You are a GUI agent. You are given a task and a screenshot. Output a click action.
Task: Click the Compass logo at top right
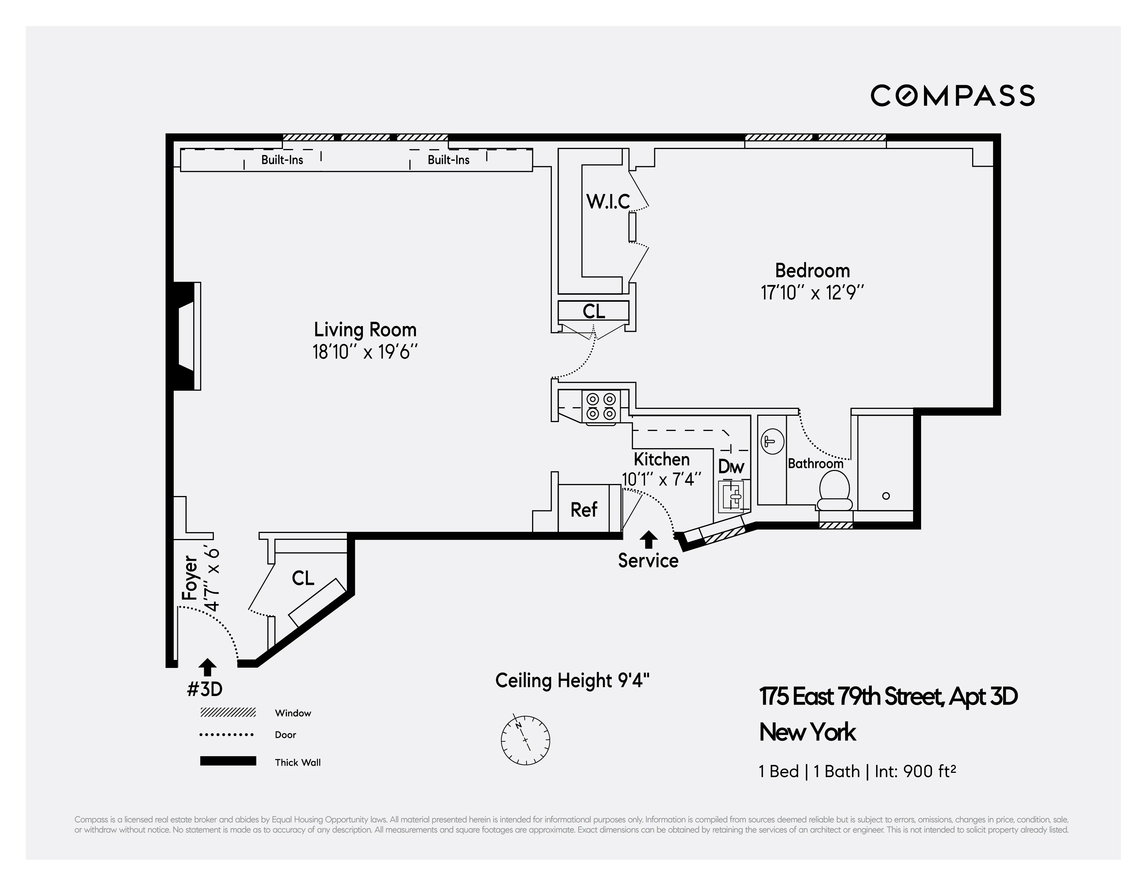pos(952,96)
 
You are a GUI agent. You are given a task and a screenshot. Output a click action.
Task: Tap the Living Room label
pos(365,330)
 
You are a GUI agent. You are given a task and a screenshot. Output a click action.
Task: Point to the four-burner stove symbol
pos(601,407)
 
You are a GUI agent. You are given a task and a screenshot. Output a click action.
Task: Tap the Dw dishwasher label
pos(731,466)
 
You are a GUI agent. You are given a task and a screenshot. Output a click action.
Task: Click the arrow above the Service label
pos(649,539)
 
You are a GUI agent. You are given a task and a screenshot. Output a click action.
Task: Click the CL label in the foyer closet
pos(303,578)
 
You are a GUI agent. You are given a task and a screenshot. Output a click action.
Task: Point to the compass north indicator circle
pos(525,740)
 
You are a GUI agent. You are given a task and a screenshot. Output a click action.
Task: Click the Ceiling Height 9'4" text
pos(572,681)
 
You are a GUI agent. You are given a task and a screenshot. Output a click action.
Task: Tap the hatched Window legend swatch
pos(228,713)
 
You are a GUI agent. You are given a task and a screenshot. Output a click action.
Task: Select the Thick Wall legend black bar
pos(228,761)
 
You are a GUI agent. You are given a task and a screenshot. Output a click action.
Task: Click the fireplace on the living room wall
pos(185,336)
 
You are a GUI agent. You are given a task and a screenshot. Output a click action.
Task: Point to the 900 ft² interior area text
pos(929,771)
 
